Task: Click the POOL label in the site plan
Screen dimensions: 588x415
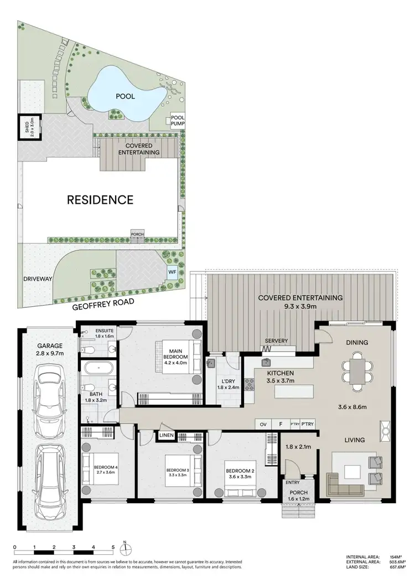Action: [x=126, y=96]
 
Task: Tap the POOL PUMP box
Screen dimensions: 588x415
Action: [x=177, y=121]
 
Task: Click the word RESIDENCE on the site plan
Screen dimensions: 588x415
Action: [x=100, y=200]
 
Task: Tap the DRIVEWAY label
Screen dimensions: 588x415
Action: [x=37, y=279]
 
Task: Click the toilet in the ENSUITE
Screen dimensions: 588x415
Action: [x=87, y=349]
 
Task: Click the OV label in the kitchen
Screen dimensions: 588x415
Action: [x=263, y=424]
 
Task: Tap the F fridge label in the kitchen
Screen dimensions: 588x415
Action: [x=281, y=424]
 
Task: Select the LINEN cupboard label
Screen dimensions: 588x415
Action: [x=167, y=436]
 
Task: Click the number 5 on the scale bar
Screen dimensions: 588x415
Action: [x=113, y=547]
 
